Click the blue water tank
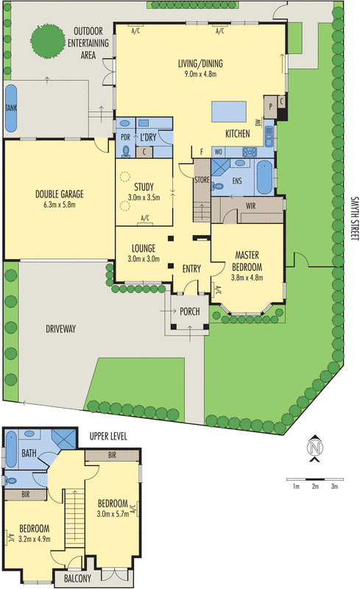11,108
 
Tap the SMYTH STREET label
354,218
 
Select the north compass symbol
315,448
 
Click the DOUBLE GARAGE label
60,194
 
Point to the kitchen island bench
229,111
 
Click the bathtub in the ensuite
264,177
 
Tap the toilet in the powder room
126,151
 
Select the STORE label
202,180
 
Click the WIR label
250,206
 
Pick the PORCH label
190,311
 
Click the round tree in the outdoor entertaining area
47,41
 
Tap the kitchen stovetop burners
250,152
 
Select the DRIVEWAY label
61,329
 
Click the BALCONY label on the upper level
77,579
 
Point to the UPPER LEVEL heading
108,436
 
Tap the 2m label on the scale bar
315,487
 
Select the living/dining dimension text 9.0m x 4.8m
200,74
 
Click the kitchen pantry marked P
271,107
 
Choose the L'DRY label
148,138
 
